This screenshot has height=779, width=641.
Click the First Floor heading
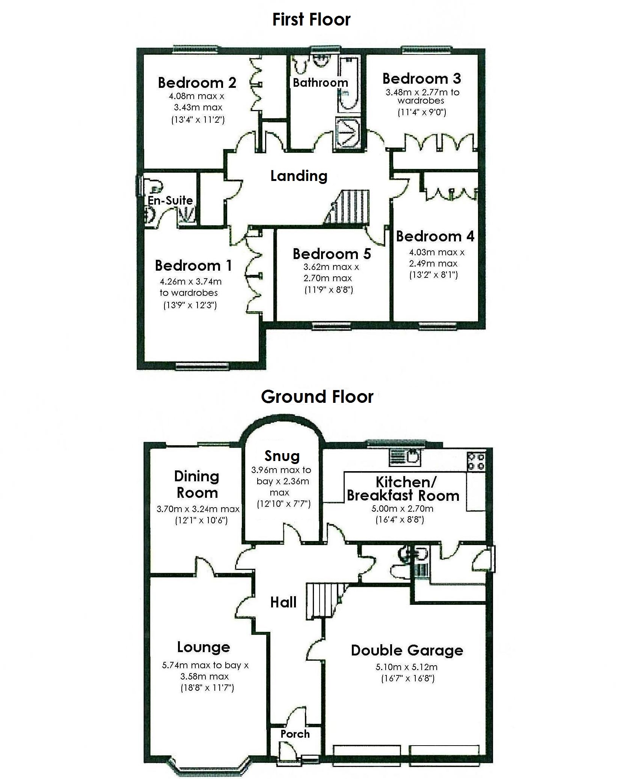(x=311, y=20)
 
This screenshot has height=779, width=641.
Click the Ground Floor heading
(x=317, y=396)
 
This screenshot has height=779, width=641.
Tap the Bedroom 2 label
(x=197, y=83)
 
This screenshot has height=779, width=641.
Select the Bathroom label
(x=320, y=83)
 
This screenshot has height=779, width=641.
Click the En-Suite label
(x=170, y=200)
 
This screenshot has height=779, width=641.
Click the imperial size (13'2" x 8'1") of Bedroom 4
(x=433, y=275)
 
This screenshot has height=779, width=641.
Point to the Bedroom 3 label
(x=422, y=78)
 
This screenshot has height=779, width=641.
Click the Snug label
(x=282, y=456)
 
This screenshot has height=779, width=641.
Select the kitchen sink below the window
(x=405, y=457)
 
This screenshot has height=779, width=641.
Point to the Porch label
(x=295, y=734)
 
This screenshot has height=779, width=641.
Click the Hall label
(x=284, y=602)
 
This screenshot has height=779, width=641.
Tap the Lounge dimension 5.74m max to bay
(x=205, y=665)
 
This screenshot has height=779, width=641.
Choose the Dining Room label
(x=197, y=484)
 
